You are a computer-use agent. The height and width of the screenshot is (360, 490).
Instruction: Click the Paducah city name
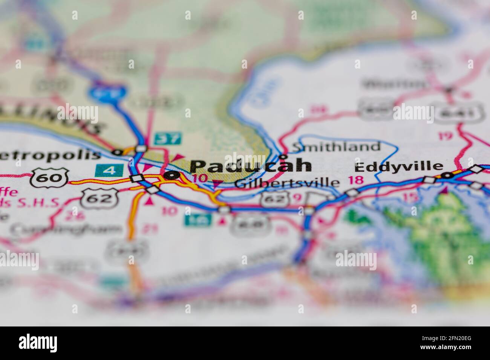tap(251, 166)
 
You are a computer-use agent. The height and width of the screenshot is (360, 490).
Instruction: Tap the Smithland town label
tap(337, 146)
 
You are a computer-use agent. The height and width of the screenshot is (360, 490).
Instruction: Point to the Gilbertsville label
tap(287, 183)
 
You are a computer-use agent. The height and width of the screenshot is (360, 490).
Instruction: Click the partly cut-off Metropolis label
tap(51, 154)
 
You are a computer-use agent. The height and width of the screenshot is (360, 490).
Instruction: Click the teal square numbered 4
tap(109, 170)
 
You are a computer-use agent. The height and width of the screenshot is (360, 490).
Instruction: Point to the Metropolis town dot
tap(118, 152)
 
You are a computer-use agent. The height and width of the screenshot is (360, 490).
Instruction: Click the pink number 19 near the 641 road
tap(446, 136)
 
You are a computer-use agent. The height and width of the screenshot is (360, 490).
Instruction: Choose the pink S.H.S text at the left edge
tap(38, 203)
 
